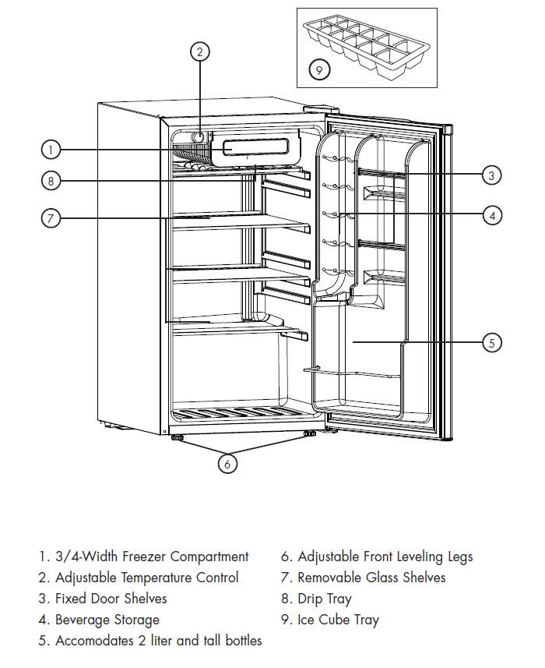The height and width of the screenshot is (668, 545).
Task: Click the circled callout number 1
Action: coord(50,149)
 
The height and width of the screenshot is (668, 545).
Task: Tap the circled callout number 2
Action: coord(200,52)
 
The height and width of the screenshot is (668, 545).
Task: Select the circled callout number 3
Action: coord(490,175)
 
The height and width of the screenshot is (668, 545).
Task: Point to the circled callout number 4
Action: coord(491,214)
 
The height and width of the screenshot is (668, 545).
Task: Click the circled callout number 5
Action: coord(491,342)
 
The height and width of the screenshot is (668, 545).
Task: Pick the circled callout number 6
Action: coord(227,463)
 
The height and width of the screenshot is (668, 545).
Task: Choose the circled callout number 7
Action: coord(50,218)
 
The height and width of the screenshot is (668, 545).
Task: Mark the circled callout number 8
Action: coord(50,180)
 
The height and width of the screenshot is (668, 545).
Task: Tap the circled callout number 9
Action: coord(319,70)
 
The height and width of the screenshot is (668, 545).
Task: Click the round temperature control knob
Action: coord(198,136)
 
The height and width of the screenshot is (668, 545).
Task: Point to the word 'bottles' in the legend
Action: coord(240,641)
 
